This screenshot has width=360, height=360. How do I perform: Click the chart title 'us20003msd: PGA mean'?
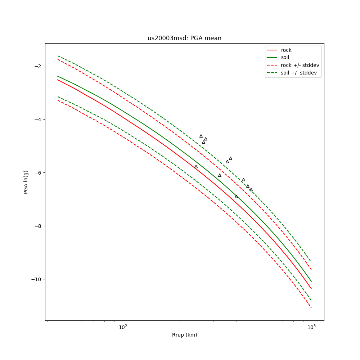click(x=184, y=38)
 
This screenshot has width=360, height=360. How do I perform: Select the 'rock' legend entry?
click(x=286, y=50)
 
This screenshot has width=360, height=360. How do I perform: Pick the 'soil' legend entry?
click(x=285, y=57)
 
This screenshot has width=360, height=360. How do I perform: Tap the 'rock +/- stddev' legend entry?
click(x=300, y=65)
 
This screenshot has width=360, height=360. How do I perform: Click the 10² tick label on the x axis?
click(x=123, y=327)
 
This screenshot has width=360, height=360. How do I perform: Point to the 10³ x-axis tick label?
click(x=311, y=327)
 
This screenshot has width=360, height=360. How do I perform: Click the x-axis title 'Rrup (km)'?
click(x=184, y=335)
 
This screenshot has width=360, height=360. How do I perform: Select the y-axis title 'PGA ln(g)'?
click(x=26, y=182)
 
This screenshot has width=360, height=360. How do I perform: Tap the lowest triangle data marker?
click(x=236, y=196)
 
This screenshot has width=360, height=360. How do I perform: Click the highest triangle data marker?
click(x=201, y=136)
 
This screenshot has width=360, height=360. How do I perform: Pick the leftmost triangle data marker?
click(x=196, y=167)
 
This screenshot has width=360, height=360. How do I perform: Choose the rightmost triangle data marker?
click(x=251, y=189)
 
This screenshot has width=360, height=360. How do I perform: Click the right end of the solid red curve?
click(x=311, y=289)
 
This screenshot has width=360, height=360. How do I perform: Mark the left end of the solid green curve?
click(x=58, y=76)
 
